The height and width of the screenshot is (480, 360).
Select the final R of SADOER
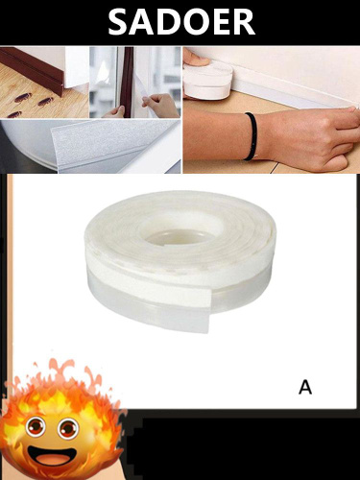243,21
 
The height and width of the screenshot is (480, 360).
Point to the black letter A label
305,387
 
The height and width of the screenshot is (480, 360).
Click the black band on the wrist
251,135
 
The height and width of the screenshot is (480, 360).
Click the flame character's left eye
36,427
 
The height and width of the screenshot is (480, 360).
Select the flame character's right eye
68,428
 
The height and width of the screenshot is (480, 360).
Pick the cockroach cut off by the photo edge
14,115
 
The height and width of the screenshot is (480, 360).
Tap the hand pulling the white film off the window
160,106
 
